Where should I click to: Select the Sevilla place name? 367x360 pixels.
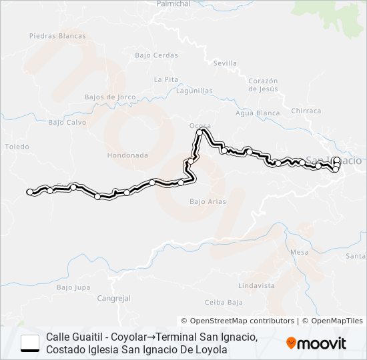tap(225, 63)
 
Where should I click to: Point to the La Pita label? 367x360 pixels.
tap(165, 79)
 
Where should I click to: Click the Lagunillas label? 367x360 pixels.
tap(196, 91)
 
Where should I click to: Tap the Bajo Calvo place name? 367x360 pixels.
tap(67, 122)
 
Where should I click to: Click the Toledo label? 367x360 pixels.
tap(17, 146)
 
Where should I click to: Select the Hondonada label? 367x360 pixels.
tap(127, 155)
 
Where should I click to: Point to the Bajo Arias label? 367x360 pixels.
tap(208, 201)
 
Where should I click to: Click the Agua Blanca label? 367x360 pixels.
tap(258, 113)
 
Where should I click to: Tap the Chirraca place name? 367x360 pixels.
tap(306, 111)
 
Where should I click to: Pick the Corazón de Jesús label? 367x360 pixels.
tap(262, 84)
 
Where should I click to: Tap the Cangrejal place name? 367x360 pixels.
tap(113, 298)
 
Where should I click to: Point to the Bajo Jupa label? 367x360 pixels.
tap(73, 287)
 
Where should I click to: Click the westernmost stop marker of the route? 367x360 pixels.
tap(29, 192)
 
